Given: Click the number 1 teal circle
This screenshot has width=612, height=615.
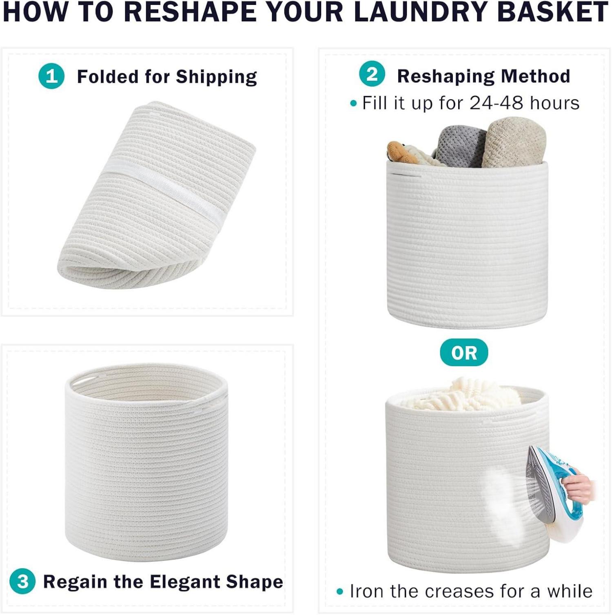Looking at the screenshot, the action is [x=51, y=76].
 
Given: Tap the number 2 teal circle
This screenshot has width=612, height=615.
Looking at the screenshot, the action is [x=372, y=74].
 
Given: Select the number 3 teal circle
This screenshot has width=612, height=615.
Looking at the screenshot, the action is [x=23, y=581].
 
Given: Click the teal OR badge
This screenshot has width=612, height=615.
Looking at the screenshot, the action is [x=464, y=352].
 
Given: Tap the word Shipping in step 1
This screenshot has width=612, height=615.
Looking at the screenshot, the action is [x=216, y=77].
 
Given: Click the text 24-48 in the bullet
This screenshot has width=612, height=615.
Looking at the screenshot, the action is [x=496, y=103].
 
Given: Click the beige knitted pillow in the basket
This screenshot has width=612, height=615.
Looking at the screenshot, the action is [x=514, y=143].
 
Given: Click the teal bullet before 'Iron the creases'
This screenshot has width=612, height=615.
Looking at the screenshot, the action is [x=340, y=591].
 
